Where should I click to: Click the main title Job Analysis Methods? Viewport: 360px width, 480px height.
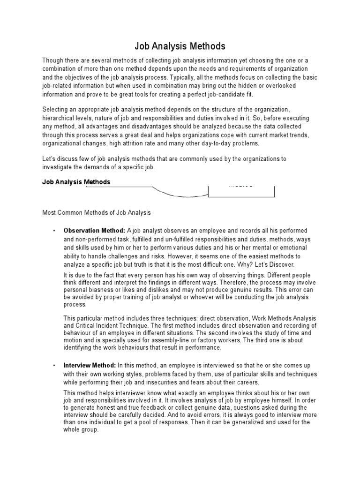click(180, 46)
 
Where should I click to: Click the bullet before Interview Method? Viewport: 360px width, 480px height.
click(55, 365)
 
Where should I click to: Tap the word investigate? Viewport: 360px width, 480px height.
click(57, 167)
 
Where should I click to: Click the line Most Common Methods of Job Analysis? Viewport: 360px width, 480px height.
click(97, 212)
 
